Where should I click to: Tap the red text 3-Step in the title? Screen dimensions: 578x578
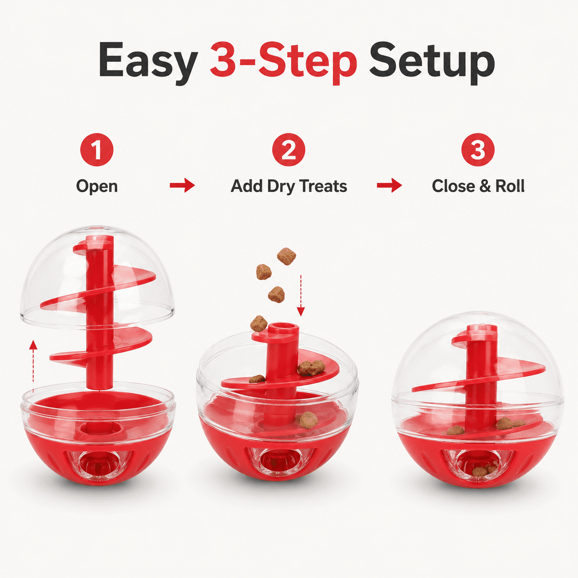click(283, 60)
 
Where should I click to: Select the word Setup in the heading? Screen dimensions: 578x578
click(432, 63)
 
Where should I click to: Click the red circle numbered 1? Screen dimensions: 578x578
click(97, 150)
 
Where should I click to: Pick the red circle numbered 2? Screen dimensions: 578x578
click(289, 150)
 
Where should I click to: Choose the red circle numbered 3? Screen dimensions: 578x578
click(478, 150)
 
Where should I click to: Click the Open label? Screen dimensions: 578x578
click(97, 186)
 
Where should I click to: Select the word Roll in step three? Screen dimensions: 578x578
click(510, 186)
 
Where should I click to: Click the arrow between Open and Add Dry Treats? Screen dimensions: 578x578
click(183, 185)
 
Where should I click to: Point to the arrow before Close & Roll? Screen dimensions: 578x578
click(389, 185)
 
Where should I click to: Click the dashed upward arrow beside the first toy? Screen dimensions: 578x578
click(34, 366)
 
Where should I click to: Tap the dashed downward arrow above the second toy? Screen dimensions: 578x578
click(301, 295)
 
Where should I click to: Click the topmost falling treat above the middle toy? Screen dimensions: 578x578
click(287, 256)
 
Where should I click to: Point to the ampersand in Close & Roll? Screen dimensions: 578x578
click(485, 186)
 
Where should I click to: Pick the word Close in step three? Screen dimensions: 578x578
click(454, 186)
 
